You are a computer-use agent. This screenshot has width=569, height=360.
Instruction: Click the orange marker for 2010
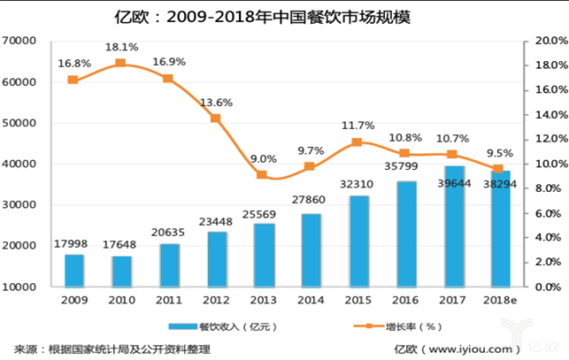[x=121, y=64]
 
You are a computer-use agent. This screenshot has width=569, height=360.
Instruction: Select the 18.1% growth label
[x=121, y=47]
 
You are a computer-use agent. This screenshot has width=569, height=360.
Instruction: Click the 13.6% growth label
[x=215, y=102]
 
